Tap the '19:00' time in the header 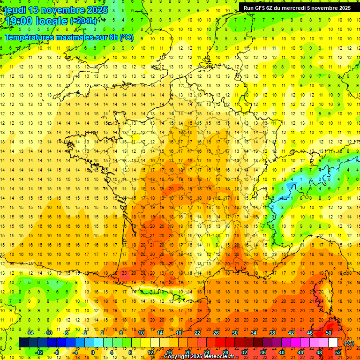19,22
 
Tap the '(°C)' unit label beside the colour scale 349,343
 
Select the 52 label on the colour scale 337,352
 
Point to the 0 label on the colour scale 92,352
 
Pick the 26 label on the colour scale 216,333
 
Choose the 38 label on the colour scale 272,333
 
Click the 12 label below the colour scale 150,352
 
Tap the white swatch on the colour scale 333,343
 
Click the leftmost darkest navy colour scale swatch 23,343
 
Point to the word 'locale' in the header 52,22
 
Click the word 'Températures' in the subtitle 29,37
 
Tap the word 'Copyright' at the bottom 177,357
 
